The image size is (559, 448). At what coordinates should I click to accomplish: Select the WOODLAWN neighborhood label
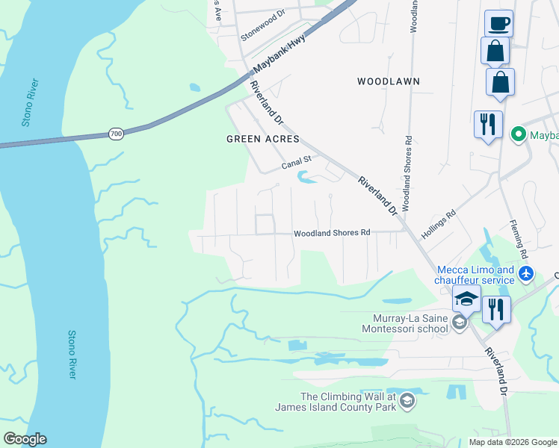[388, 81]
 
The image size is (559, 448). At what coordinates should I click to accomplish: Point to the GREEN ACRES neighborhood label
[262, 139]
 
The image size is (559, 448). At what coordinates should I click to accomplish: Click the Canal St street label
[295, 162]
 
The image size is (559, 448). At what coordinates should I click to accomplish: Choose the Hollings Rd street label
[439, 225]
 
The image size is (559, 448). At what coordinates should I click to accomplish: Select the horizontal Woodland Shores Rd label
[332, 233]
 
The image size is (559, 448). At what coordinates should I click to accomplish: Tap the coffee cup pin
[498, 23]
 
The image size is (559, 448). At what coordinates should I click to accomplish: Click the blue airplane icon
[526, 274]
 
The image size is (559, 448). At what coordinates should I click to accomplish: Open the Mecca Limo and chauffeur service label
[475, 275]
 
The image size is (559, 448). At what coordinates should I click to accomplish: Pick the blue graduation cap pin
[466, 299]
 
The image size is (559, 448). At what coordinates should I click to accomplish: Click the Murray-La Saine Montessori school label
[404, 323]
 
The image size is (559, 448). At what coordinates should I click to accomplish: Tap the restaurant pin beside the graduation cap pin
[496, 308]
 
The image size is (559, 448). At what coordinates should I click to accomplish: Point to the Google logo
[25, 438]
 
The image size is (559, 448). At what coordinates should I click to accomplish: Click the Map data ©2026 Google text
[513, 442]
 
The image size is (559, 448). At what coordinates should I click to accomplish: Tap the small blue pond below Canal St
[306, 177]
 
